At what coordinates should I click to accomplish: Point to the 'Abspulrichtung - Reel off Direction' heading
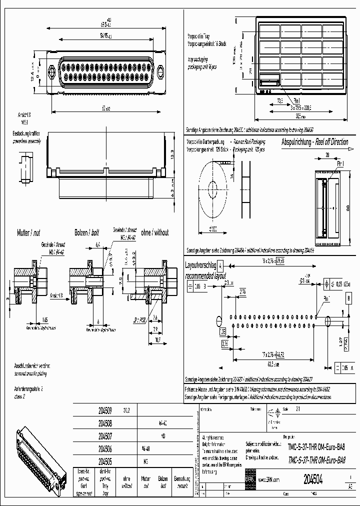point(314,142)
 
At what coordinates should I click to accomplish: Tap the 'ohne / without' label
point(154,232)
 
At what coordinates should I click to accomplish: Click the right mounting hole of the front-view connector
point(160,72)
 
